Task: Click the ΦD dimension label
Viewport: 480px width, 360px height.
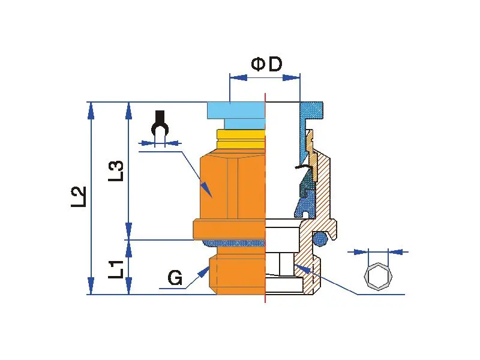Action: coord(266,64)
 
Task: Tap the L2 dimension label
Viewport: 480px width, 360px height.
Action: coord(79,197)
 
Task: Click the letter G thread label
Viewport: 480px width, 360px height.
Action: coord(175,278)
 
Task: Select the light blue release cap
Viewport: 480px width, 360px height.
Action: coord(236,110)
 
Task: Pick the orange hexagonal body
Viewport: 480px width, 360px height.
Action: coord(231,186)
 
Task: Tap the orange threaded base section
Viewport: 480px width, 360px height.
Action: coord(237,277)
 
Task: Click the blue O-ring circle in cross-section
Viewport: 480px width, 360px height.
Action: coord(322,239)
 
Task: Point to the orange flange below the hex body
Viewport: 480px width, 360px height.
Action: coord(229,229)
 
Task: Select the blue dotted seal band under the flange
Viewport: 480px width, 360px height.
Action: coord(234,242)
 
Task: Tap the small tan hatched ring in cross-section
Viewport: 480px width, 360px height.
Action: coord(310,143)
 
